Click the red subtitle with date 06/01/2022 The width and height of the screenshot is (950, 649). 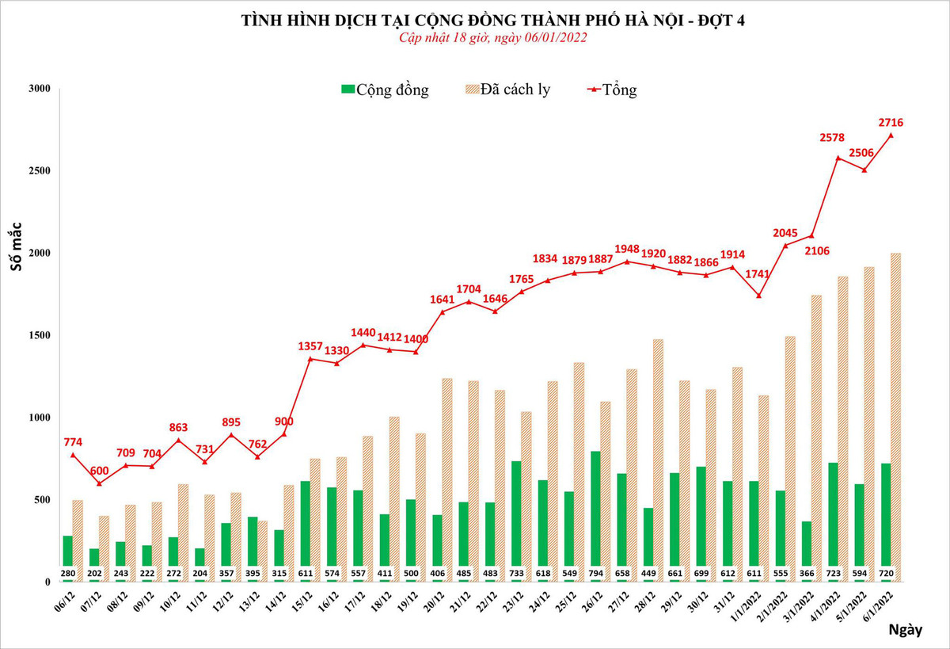point(492,38)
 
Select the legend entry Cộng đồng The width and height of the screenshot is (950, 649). point(384,90)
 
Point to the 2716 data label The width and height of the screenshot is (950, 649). point(891,122)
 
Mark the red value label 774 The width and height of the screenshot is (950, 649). point(73,441)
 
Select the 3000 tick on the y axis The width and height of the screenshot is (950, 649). point(40,89)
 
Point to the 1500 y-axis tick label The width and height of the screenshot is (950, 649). point(40,335)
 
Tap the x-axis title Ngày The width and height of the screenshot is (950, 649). point(905,630)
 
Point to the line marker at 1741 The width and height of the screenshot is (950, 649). point(758,296)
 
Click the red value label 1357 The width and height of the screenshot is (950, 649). point(310,346)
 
